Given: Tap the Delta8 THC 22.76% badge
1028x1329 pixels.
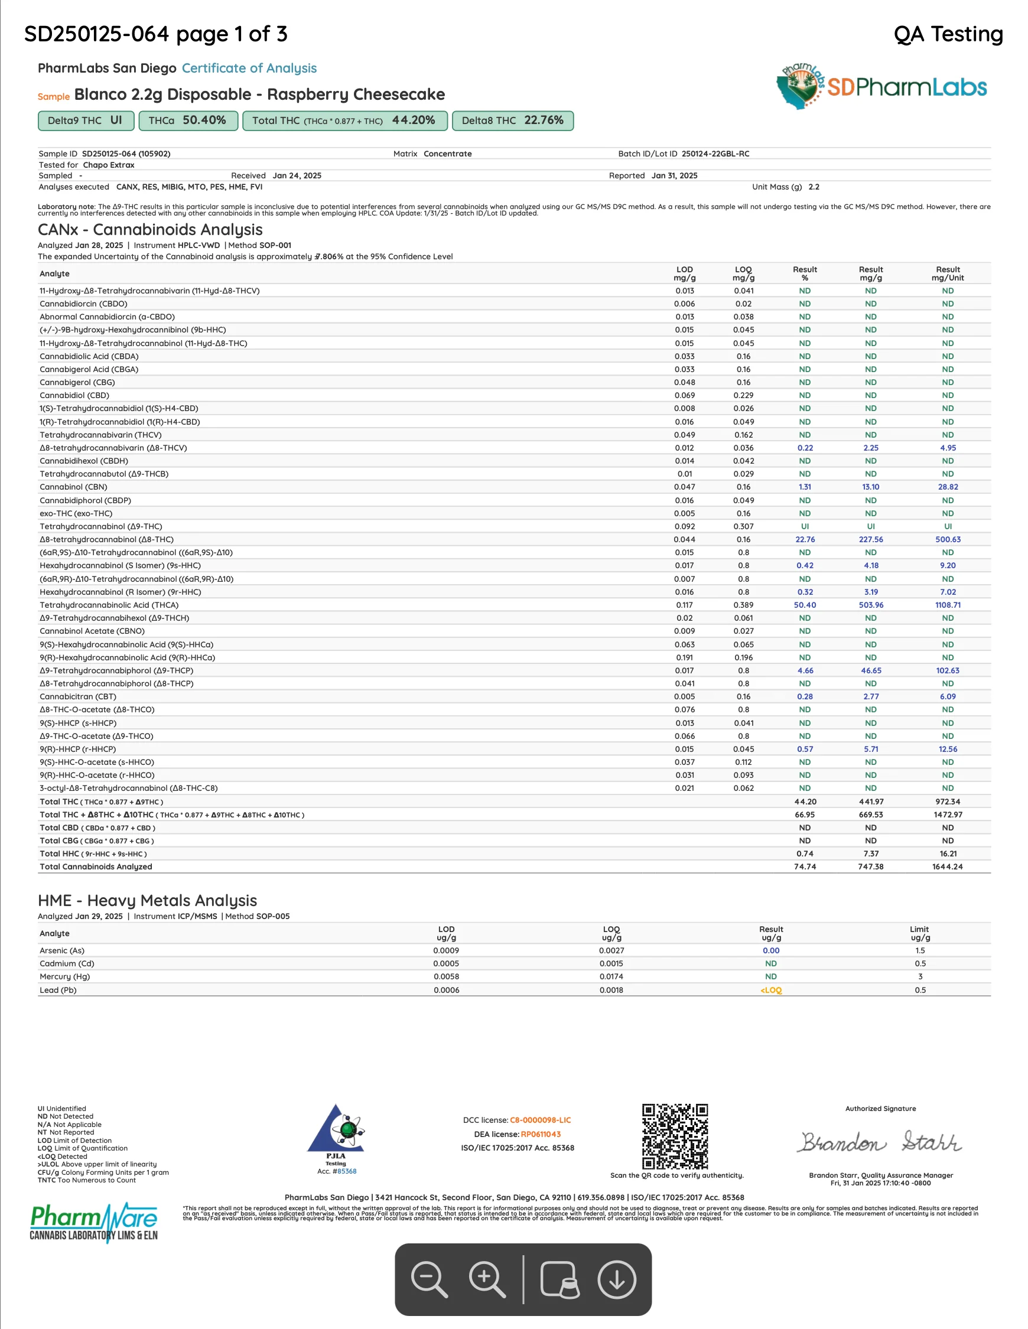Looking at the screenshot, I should pos(512,120).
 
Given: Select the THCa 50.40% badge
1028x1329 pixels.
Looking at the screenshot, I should pos(187,120).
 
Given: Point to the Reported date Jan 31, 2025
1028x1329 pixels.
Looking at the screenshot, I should pos(674,175).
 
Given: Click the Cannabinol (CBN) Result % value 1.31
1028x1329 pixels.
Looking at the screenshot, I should pos(805,487).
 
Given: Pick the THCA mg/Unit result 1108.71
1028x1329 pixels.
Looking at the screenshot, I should pos(948,605).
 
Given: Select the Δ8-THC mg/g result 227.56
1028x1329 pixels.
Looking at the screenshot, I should pos(870,539).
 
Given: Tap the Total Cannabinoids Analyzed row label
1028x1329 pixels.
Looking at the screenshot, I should pos(96,867).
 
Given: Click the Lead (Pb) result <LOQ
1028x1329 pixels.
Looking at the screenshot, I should pos(770,990).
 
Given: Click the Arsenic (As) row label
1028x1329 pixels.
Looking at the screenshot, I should pos(62,950).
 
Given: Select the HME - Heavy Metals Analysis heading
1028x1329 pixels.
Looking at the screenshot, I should pos(147,900).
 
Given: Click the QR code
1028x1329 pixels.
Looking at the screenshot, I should pos(674,1136).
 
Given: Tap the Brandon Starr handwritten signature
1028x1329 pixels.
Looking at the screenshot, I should pos(880,1142).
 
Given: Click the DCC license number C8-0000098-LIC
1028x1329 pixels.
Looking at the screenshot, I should pos(540,1120).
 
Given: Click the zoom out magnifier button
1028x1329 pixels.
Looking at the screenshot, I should pos(429,1279).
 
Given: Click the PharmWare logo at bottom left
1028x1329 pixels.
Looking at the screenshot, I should pos(93,1222).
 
